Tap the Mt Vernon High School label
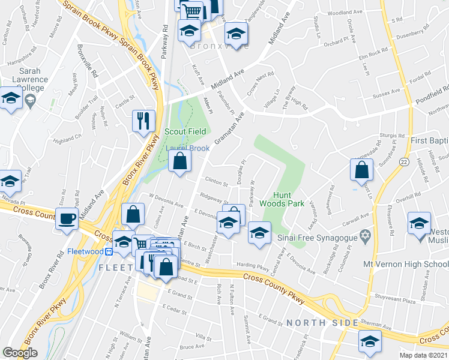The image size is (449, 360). click(404, 264)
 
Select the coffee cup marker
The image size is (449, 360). click(67, 218)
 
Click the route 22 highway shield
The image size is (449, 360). click(406, 163)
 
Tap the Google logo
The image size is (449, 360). click(20, 353)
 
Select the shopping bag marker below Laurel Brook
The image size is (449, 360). click(179, 161)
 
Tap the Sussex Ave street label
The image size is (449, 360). click(386, 92)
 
